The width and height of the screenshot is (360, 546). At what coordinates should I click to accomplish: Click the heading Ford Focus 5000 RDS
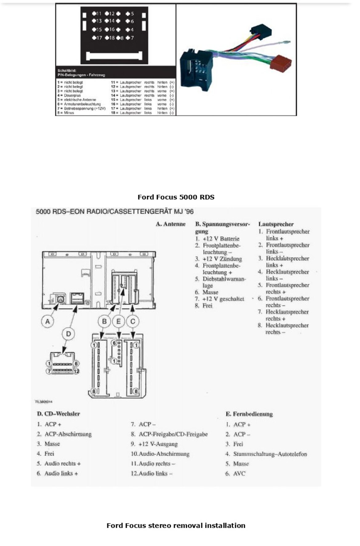click(x=176, y=197)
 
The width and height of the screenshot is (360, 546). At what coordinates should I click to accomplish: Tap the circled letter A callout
click(x=47, y=322)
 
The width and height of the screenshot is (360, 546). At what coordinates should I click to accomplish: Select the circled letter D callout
click(x=68, y=334)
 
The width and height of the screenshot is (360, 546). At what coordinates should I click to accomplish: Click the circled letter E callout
click(x=119, y=322)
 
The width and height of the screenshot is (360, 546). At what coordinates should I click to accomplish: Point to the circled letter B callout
click(x=104, y=322)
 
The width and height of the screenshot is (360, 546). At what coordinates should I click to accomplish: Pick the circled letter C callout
click(x=133, y=322)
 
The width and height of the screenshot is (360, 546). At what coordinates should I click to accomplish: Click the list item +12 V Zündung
click(x=222, y=259)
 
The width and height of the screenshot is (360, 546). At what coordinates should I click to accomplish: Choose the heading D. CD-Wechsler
click(x=59, y=414)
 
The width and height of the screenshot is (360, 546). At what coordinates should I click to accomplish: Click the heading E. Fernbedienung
click(x=249, y=414)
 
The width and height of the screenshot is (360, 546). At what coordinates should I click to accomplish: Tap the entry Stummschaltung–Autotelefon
click(x=270, y=454)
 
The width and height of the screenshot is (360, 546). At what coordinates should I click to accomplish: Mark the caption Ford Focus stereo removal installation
click(x=176, y=526)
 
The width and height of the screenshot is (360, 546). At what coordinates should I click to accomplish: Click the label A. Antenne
click(x=171, y=224)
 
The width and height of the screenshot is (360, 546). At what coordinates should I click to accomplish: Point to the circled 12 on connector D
click(x=76, y=371)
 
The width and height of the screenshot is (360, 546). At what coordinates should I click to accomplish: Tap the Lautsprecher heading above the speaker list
click(x=276, y=224)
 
